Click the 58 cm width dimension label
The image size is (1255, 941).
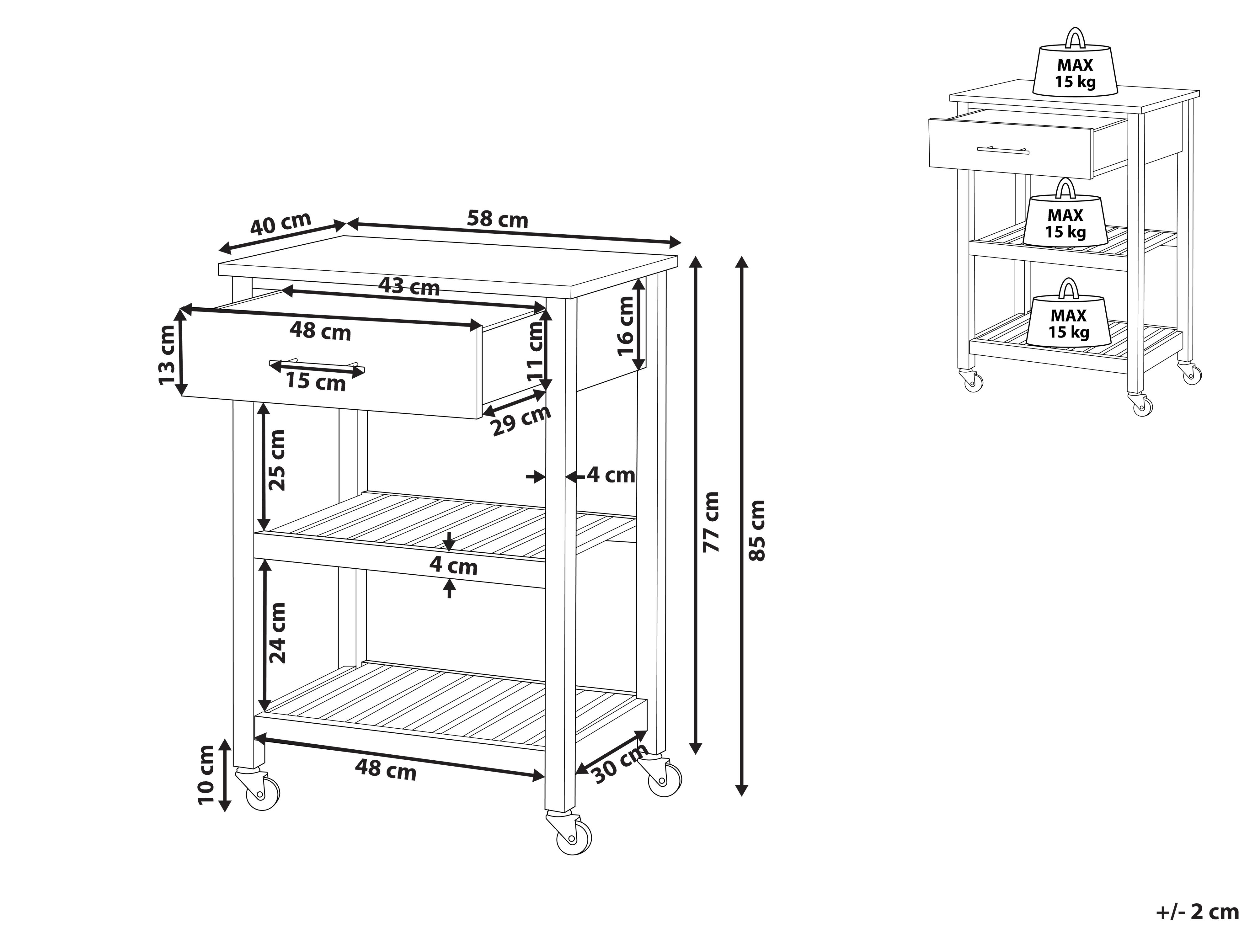(x=498, y=220)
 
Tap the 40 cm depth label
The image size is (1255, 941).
(x=281, y=223)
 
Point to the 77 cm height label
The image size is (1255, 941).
(x=711, y=522)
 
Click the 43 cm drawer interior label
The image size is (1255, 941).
(x=409, y=286)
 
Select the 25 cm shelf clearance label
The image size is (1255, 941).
(x=277, y=460)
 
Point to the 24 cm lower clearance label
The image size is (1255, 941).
(x=277, y=633)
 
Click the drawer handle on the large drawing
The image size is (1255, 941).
(x=317, y=366)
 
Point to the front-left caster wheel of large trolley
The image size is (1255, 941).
(x=262, y=789)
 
